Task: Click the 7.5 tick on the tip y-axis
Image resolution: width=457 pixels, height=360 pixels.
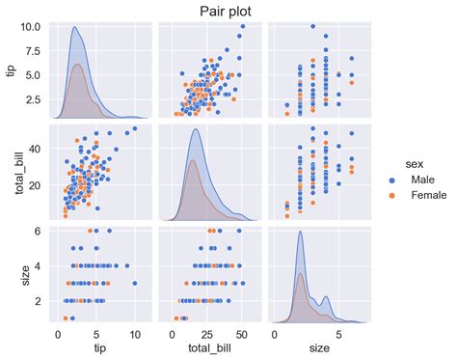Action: point(35,51)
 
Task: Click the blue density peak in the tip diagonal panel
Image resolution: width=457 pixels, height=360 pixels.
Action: point(76,28)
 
